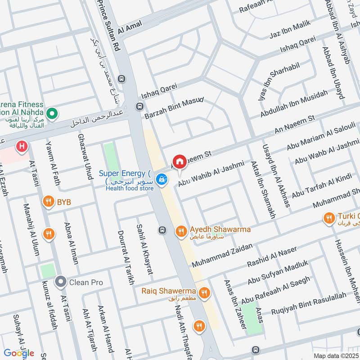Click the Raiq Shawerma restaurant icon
point(204,293)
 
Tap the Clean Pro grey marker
point(60,282)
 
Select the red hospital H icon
point(20,146)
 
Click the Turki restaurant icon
point(329,218)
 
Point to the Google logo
point(19,353)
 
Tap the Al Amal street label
point(130,27)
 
